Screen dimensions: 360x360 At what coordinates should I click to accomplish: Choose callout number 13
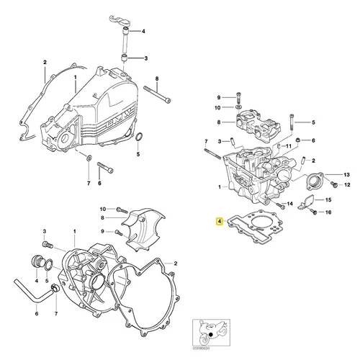326,175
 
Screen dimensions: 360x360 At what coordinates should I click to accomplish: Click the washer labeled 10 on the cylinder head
238,107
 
